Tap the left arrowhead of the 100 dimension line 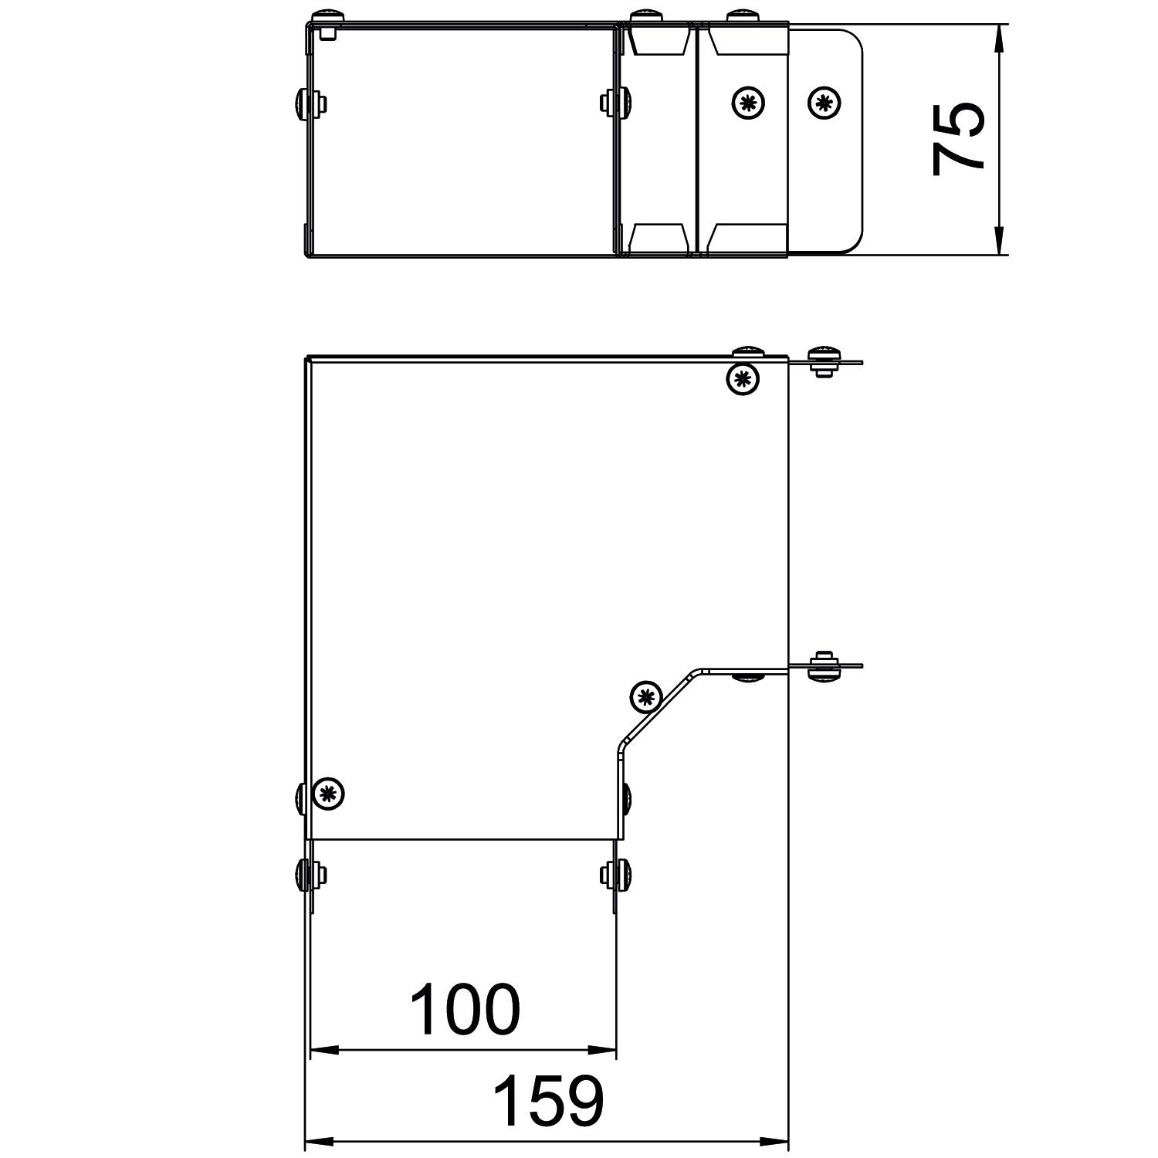click(x=324, y=1050)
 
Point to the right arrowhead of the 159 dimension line click(x=774, y=1141)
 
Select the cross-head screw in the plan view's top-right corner click(x=743, y=378)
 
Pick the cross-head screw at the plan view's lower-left click(x=329, y=794)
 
